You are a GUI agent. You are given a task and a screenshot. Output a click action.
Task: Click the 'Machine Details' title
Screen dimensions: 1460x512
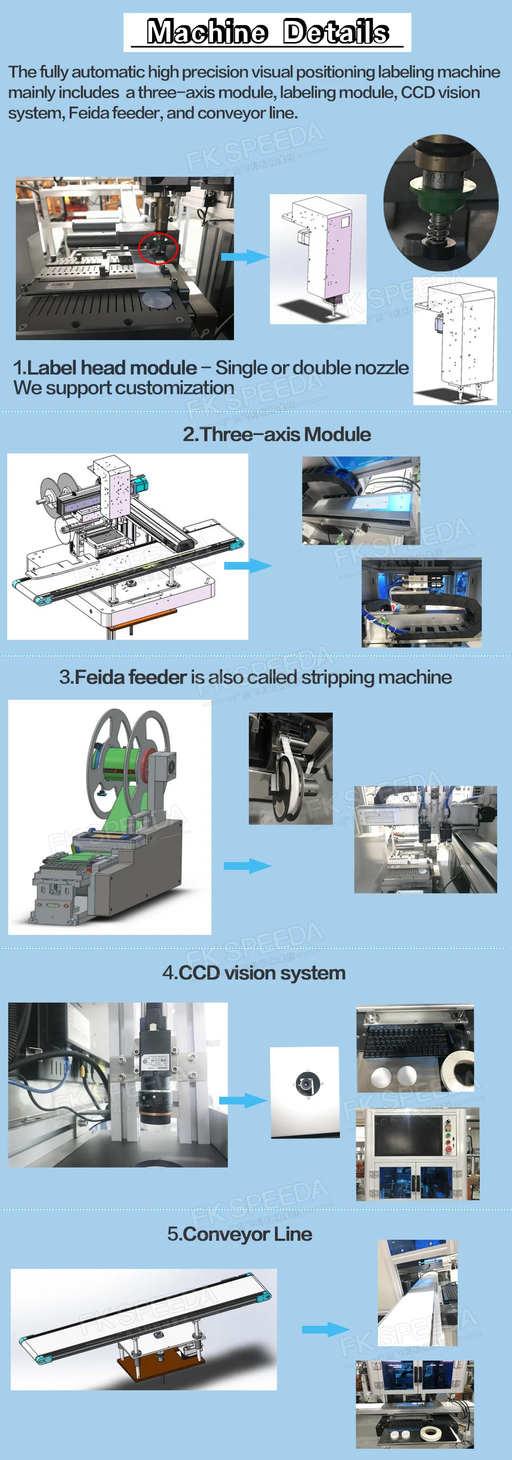[x=267, y=32]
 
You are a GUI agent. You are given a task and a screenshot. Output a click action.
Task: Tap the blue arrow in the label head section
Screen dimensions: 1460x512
[x=244, y=257]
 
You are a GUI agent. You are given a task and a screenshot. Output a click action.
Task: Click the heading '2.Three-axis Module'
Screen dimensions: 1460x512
[x=276, y=434]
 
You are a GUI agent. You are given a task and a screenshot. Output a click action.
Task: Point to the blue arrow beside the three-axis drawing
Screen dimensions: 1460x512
[x=247, y=565]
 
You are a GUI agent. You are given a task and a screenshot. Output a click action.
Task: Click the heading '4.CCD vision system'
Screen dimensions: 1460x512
[x=254, y=973]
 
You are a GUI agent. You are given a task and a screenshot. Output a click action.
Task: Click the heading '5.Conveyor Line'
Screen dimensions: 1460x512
[x=240, y=1234]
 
